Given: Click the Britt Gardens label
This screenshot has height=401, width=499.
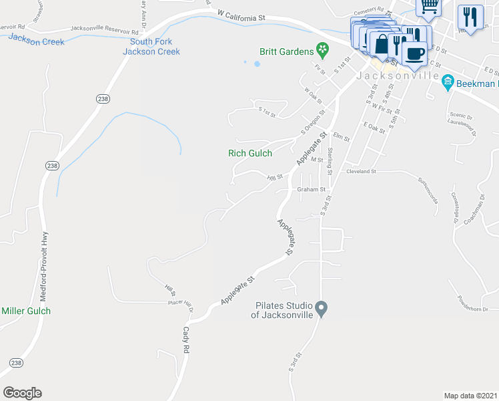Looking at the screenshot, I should click(x=286, y=51).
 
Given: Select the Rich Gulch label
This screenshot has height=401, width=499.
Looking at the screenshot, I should click(x=250, y=153).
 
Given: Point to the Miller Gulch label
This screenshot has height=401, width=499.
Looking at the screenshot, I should click(x=26, y=311).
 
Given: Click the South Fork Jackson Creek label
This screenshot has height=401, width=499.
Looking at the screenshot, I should click(x=155, y=47).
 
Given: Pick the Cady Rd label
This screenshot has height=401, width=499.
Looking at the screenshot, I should click(x=187, y=340).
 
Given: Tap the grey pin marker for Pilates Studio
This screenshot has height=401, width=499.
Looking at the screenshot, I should click(x=322, y=309).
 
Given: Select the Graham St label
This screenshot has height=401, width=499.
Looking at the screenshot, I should click(x=311, y=189).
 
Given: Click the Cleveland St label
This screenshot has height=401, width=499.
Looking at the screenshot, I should click(x=361, y=171).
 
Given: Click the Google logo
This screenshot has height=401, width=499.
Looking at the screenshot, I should click(x=22, y=392).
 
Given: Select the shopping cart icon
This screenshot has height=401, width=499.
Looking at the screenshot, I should click(x=430, y=7).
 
